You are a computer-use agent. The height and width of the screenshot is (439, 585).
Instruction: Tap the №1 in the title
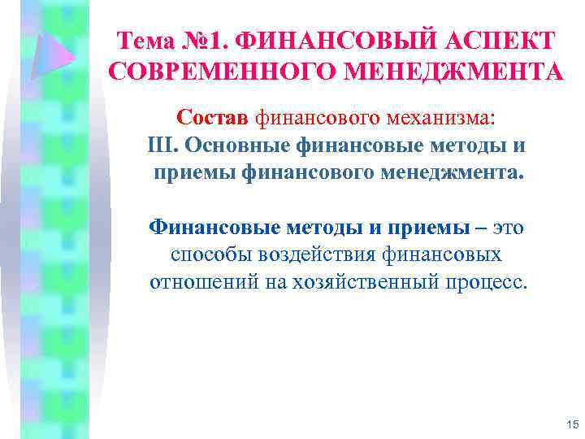click(213, 40)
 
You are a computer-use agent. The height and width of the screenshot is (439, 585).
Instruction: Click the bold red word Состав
click(214, 119)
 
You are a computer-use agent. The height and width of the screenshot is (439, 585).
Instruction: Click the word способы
click(210, 255)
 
